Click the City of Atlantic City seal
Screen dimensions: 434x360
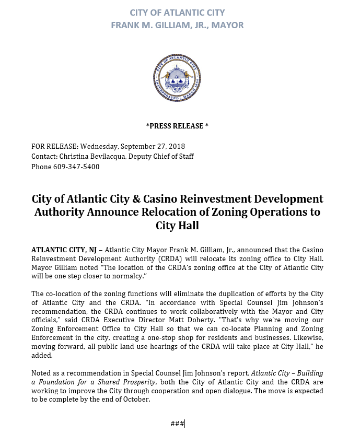click(177, 79)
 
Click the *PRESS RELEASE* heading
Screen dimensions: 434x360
click(177, 126)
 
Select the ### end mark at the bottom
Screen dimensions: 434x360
click(177, 424)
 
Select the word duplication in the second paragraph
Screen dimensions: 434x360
click(219, 294)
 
